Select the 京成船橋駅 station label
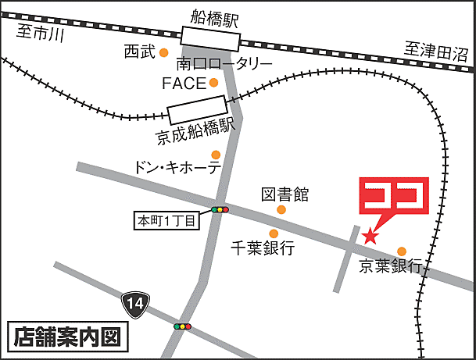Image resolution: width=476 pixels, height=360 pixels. [x=195, y=130]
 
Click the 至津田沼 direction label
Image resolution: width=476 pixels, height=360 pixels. [x=435, y=52]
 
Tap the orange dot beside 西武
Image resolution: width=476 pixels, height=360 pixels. [x=164, y=52]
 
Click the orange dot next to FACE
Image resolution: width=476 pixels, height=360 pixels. [x=213, y=82]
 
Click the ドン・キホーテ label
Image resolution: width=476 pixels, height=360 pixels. [x=177, y=168]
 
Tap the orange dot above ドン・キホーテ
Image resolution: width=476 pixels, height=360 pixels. [x=216, y=154]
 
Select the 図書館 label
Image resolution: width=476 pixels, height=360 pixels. [x=285, y=193]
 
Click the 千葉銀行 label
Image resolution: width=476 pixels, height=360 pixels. [x=263, y=248]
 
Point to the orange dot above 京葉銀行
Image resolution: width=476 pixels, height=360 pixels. [x=402, y=251]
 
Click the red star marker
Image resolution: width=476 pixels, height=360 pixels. [x=370, y=234]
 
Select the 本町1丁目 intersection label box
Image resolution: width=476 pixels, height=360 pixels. [x=167, y=220]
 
